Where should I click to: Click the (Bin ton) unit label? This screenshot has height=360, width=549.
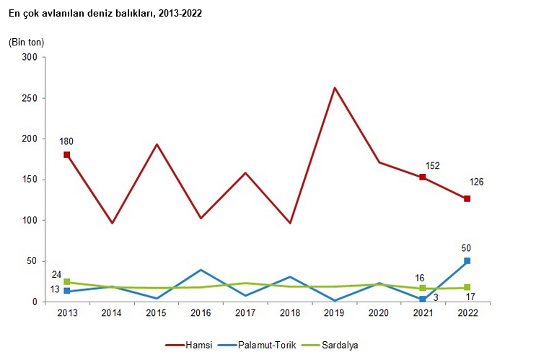(26, 42)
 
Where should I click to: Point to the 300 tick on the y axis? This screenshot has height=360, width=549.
(30, 57)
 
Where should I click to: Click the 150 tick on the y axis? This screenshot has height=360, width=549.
(30, 180)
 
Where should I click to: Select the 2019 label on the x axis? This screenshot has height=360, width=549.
(334, 313)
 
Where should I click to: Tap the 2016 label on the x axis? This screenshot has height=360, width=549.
(201, 313)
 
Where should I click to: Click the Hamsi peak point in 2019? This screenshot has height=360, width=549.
(334, 88)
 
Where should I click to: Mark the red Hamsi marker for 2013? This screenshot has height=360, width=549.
(67, 155)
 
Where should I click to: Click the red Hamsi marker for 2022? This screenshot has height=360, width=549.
(467, 199)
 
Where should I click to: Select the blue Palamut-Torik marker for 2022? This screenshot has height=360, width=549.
(467, 260)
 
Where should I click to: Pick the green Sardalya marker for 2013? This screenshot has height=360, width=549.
(67, 282)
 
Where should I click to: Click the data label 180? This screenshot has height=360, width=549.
(67, 141)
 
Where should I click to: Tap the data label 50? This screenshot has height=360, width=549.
(466, 248)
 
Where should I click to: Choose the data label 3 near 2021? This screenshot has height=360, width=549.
(435, 297)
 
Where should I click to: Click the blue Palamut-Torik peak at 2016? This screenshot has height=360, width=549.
(201, 270)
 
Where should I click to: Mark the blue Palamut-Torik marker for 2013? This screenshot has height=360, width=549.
(67, 291)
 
